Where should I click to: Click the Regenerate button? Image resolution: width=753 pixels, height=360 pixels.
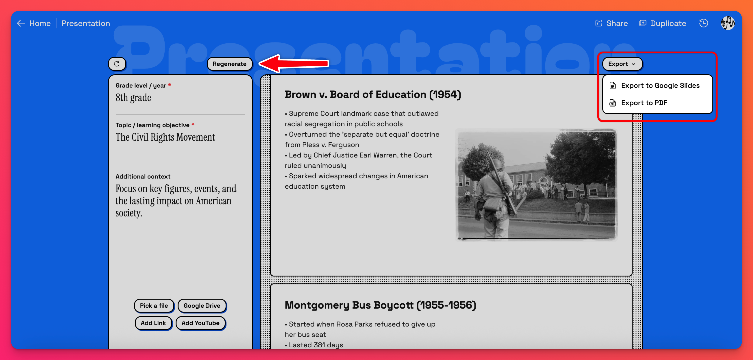pyautogui.click(x=230, y=64)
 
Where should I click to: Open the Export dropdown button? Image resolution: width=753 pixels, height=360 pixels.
pyautogui.click(x=622, y=64)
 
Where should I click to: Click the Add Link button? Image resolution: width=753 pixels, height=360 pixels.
pyautogui.click(x=153, y=323)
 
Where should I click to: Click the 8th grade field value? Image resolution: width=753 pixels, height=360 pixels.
pyautogui.click(x=133, y=98)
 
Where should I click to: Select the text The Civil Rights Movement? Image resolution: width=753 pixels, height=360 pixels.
pyautogui.click(x=165, y=137)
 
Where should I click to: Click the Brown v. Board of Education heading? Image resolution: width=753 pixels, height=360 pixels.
pyautogui.click(x=373, y=94)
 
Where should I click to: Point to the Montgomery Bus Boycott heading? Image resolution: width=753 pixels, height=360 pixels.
pyautogui.click(x=380, y=305)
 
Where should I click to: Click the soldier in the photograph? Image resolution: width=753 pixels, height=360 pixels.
pyautogui.click(x=494, y=196)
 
